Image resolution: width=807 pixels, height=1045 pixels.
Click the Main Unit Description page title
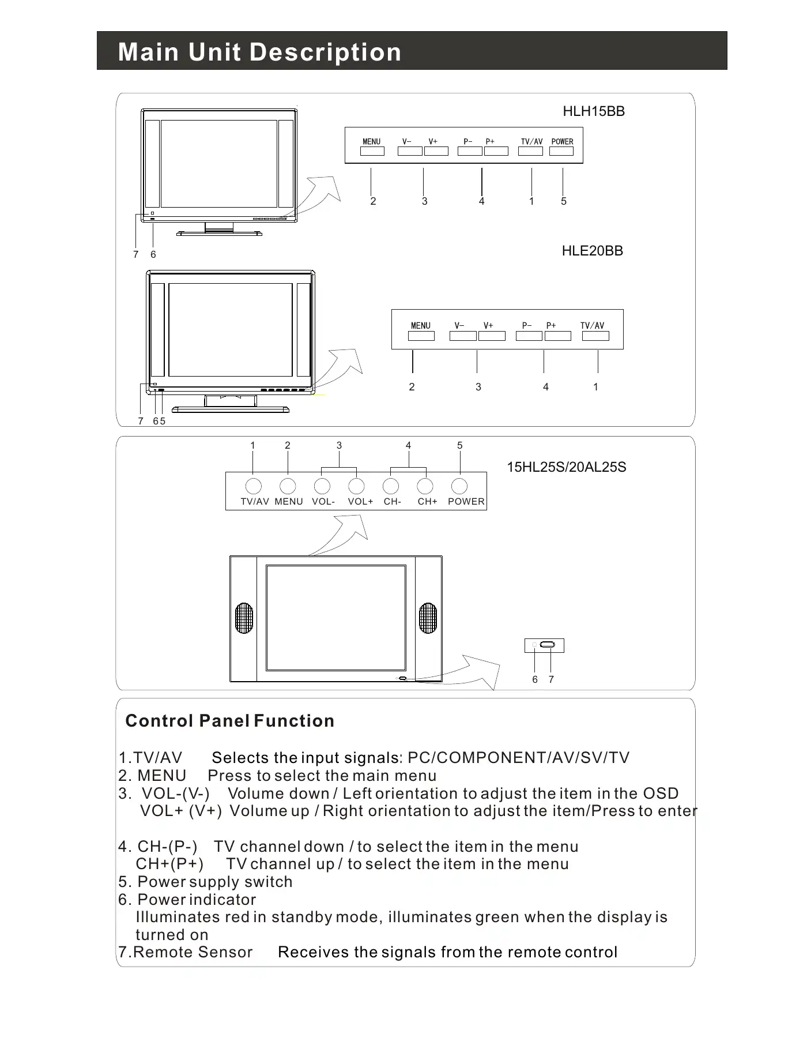[x=259, y=52]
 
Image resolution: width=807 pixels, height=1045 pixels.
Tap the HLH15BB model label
[x=594, y=111]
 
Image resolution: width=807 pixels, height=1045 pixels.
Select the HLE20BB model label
[x=592, y=251]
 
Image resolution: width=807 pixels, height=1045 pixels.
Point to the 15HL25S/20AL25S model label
[x=566, y=467]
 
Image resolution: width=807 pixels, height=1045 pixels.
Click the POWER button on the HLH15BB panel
[x=561, y=151]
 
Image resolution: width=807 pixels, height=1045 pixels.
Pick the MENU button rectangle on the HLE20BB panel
[x=421, y=336]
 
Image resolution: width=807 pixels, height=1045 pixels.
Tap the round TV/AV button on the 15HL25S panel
[x=253, y=486]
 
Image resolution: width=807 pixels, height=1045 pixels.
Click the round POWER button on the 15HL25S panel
[x=459, y=486]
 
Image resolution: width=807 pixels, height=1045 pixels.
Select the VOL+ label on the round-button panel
[x=360, y=502]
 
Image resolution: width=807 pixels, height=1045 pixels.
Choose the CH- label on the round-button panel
[x=392, y=502]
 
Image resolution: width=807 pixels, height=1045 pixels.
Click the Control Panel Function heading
[x=229, y=721]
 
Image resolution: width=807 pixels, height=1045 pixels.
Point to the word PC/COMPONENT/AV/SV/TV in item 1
[x=518, y=758]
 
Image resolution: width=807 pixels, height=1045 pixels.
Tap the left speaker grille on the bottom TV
[x=244, y=618]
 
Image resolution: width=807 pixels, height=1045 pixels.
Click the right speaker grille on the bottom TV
[x=428, y=618]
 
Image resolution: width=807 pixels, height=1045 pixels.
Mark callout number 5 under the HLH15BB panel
[x=564, y=201]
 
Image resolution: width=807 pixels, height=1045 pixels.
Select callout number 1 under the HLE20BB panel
[x=595, y=387]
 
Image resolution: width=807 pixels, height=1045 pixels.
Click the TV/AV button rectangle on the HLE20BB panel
[x=595, y=336]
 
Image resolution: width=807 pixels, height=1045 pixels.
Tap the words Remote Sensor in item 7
[x=193, y=952]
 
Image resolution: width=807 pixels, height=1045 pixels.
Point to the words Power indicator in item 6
[x=197, y=900]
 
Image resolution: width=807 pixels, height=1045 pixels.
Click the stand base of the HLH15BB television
[x=219, y=234]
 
